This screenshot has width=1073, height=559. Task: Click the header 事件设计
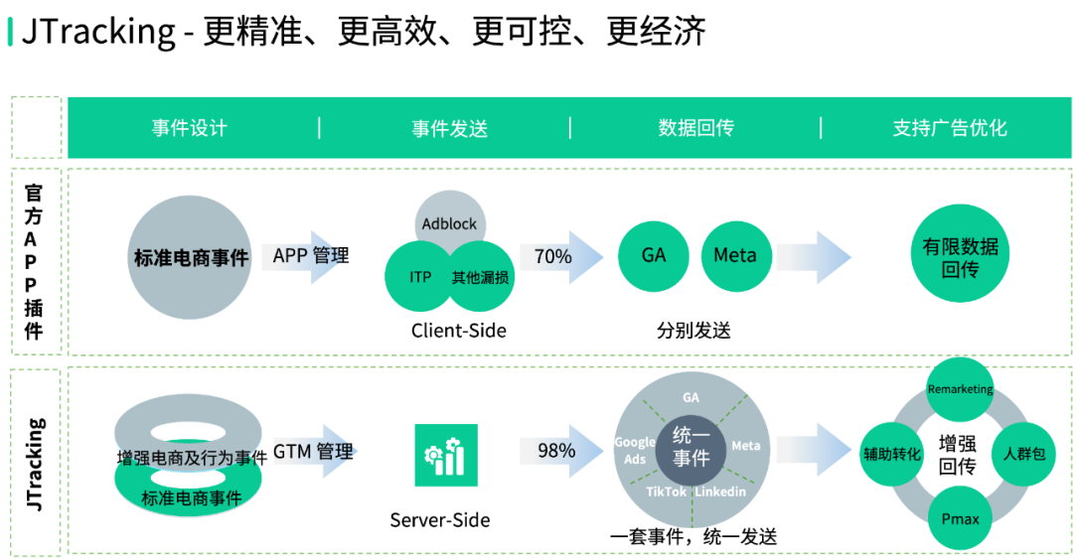(190, 128)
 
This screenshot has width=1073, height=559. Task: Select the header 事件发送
(450, 128)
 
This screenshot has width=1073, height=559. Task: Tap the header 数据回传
(696, 128)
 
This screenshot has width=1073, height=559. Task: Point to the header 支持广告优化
(950, 128)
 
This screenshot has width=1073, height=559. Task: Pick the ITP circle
(420, 277)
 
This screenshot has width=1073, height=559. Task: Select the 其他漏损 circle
(481, 277)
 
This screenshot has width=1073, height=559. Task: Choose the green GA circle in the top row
(654, 255)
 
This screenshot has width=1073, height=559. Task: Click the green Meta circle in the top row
(735, 255)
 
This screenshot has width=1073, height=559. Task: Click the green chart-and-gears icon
(445, 456)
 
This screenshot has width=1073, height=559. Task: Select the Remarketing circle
(960, 389)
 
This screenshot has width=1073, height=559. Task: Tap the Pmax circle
(960, 518)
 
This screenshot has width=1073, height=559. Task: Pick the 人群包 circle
(1024, 454)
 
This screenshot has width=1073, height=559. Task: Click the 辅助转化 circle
(892, 454)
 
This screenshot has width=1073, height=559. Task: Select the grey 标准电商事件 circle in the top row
(191, 257)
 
